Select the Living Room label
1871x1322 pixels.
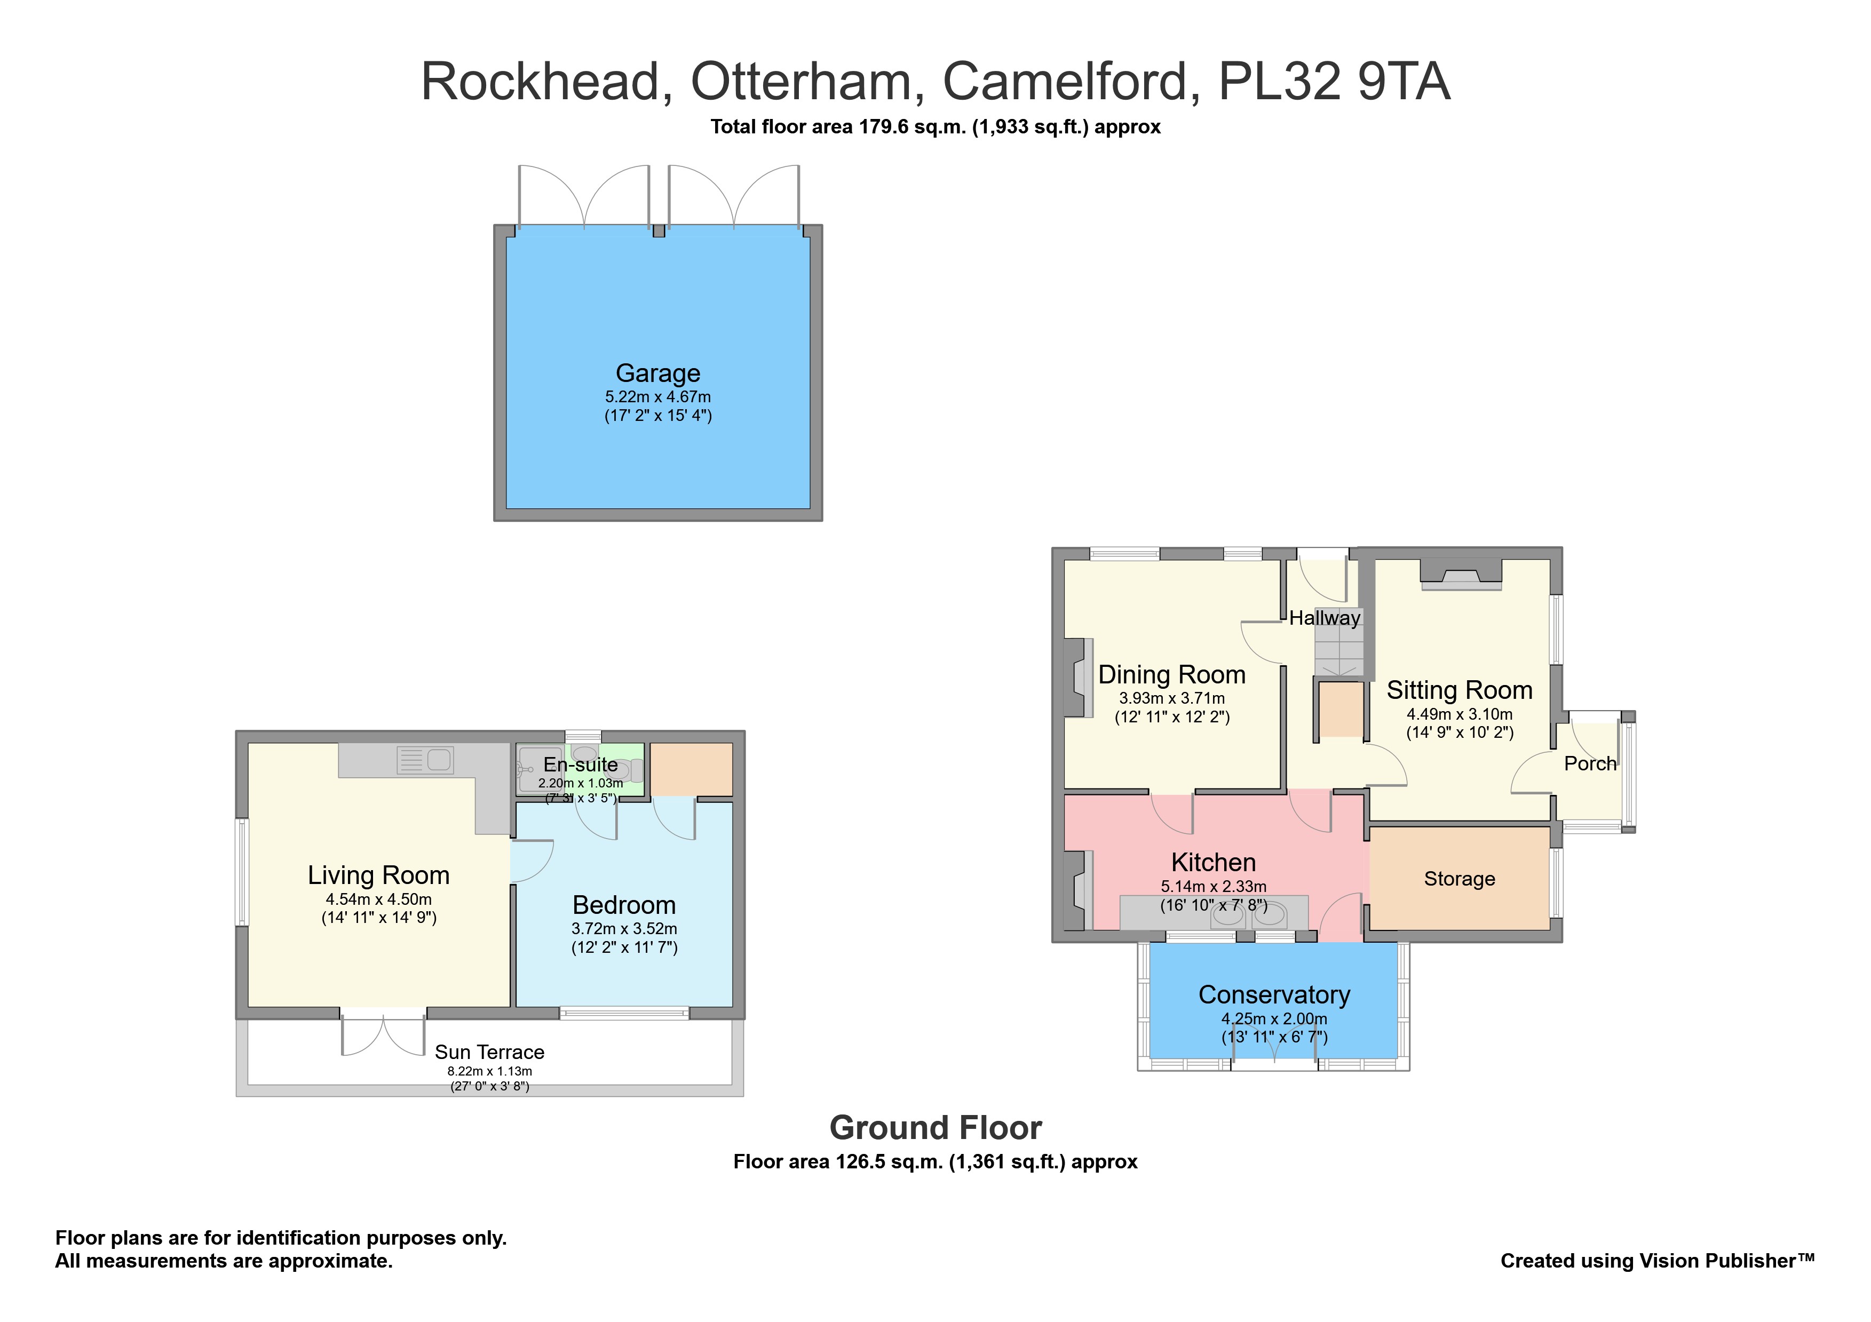click(378, 875)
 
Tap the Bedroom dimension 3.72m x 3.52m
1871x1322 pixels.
click(624, 929)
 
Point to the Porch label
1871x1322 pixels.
click(1590, 763)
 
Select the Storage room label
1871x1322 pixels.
click(1460, 879)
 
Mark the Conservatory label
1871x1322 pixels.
click(1274, 994)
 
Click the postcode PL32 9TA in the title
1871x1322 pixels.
click(1334, 82)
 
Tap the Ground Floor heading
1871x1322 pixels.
click(935, 1128)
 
